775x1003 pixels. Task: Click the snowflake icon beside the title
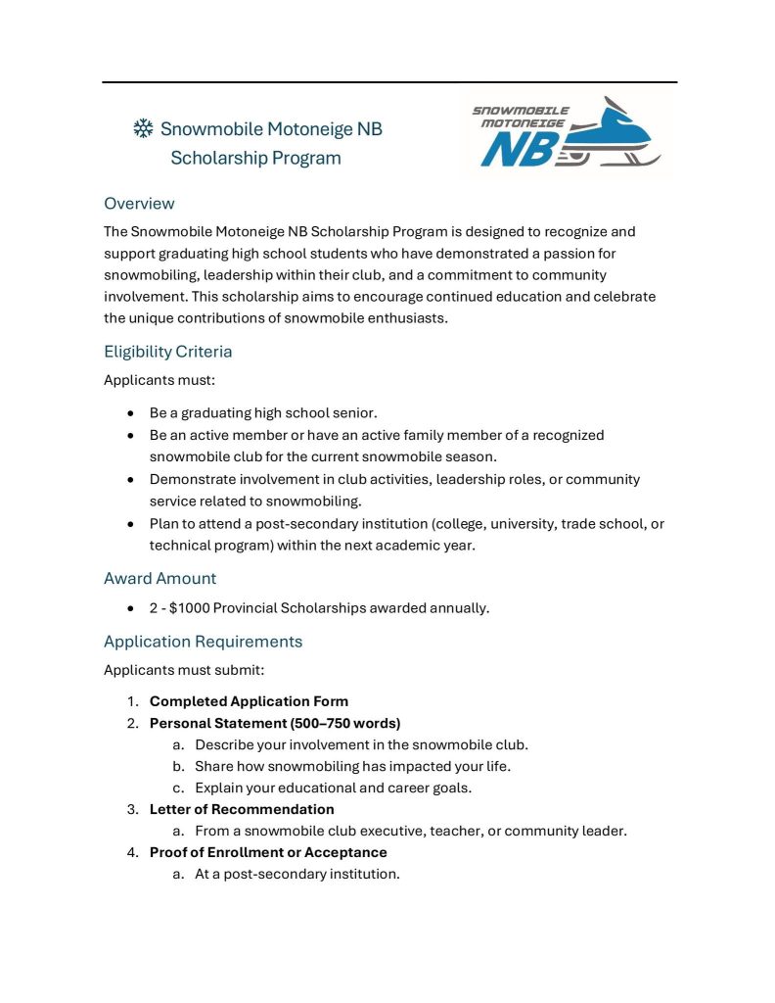[143, 128]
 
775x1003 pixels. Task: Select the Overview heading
[139, 204]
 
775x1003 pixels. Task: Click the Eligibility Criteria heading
[167, 352]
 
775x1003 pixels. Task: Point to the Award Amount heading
[160, 579]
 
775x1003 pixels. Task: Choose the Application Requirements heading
[203, 643]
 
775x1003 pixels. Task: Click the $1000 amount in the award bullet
[188, 608]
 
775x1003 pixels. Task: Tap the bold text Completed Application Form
[249, 701]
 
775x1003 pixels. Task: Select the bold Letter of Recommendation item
[242, 810]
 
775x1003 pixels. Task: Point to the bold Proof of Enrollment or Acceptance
[268, 853]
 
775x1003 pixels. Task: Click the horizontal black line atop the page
[389, 82]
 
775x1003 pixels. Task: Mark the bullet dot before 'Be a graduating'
[130, 413]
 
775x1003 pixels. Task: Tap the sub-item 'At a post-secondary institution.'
[296, 875]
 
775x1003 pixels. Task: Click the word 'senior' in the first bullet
[354, 413]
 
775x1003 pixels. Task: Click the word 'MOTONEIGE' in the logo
[522, 123]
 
